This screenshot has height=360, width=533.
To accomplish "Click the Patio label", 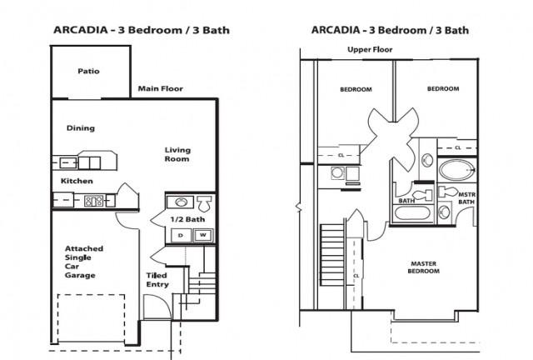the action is (88, 71).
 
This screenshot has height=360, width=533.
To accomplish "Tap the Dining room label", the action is (81, 128).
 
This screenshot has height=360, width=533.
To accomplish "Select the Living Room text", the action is (177, 154).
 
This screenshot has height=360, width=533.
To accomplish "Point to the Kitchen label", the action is (77, 181).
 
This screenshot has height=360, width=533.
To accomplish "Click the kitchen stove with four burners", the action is (93, 201).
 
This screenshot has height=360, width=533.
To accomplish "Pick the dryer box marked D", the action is (181, 236).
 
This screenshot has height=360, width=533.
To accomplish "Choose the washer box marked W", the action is (203, 235).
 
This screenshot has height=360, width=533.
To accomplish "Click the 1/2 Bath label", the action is (187, 219).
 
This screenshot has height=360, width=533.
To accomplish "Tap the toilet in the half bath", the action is (205, 203).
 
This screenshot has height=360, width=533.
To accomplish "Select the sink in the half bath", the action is (181, 202).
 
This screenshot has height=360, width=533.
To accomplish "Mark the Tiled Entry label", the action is (157, 280).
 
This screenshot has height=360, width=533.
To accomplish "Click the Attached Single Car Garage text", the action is (84, 262).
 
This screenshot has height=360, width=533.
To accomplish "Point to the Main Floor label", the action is (161, 89).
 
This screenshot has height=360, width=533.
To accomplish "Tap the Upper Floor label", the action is (370, 50).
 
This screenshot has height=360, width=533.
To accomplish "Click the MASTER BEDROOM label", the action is (424, 267).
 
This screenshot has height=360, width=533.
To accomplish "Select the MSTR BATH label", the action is (466, 198).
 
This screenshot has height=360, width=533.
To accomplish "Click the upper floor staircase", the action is (332, 254).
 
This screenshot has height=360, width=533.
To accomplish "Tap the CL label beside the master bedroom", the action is (356, 276).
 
